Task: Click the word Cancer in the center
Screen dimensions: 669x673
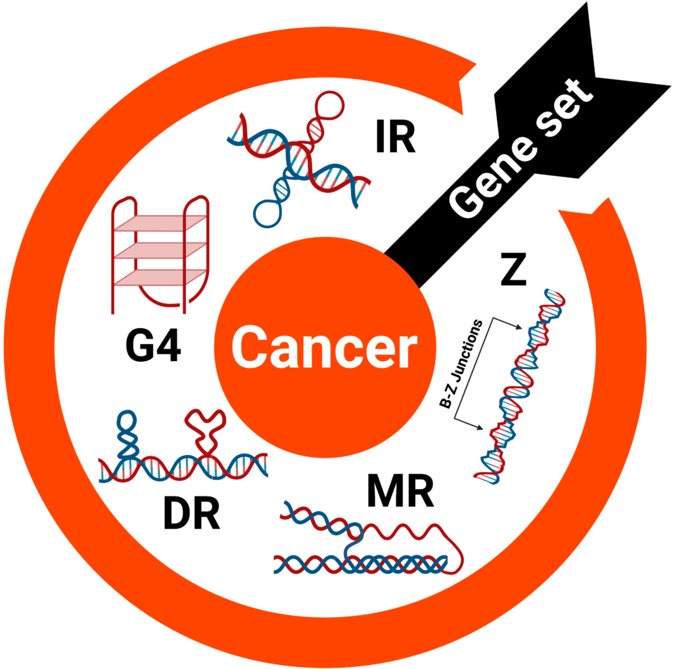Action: pyautogui.click(x=325, y=348)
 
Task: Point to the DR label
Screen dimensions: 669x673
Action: pyautogui.click(x=191, y=513)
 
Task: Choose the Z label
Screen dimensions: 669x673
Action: pyautogui.click(x=513, y=272)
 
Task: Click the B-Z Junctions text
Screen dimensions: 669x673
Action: pyautogui.click(x=461, y=364)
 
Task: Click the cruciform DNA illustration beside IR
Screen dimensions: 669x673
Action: pyautogui.click(x=300, y=158)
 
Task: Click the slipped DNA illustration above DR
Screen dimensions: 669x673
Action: pyautogui.click(x=183, y=453)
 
